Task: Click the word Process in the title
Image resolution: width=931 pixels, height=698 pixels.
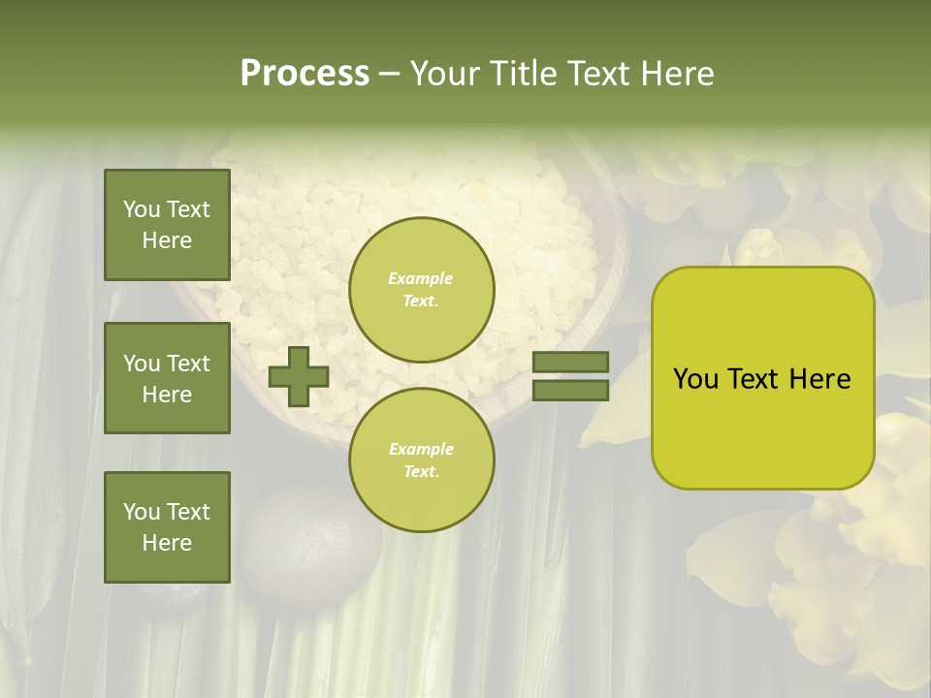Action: point(305,74)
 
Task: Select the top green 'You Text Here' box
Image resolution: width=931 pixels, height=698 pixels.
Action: point(167,225)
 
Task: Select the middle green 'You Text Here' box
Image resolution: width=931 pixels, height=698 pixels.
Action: point(167,378)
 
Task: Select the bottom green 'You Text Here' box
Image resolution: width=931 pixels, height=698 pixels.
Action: point(167,527)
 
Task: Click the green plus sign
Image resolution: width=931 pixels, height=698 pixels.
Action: point(299,376)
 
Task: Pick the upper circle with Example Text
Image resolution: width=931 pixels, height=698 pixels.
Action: point(422,289)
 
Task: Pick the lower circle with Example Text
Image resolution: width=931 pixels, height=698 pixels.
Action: point(422,460)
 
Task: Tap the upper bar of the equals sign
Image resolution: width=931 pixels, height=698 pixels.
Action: point(570,363)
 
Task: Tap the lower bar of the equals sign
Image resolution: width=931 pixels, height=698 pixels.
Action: point(570,390)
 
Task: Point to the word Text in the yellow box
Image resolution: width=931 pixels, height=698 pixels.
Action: point(756,379)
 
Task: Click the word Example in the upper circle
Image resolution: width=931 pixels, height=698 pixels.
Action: point(421,278)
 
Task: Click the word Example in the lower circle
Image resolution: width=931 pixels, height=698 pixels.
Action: point(421,449)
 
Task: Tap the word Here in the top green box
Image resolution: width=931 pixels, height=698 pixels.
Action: point(167,240)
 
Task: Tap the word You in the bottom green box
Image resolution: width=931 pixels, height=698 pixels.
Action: point(142,512)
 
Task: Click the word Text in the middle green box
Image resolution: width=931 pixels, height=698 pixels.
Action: point(187,364)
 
